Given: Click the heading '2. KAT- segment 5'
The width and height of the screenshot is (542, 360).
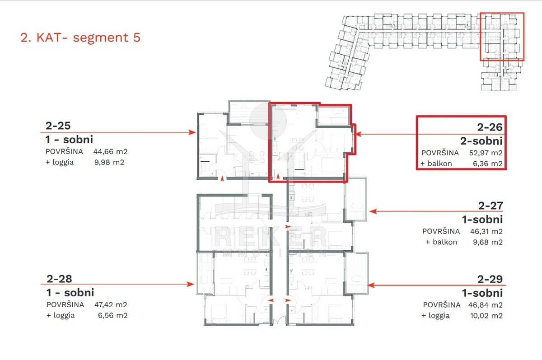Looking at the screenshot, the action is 80,37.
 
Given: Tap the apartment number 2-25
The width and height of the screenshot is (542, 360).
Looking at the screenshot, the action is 58,126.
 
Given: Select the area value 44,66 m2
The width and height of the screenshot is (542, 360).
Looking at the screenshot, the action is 110,152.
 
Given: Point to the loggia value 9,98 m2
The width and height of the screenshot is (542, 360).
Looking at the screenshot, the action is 109,162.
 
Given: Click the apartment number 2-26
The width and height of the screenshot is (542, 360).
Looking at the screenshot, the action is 490,127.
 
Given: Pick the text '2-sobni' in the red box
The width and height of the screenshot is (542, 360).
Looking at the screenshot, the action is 481,141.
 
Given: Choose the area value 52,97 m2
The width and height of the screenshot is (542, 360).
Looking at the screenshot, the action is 486,153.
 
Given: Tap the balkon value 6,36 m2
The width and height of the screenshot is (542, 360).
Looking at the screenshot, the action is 487,164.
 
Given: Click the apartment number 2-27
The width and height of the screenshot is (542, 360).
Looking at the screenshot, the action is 491,206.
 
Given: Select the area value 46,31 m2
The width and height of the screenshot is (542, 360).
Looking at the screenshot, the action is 486,232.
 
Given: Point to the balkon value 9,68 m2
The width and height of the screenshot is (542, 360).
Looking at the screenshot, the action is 488,242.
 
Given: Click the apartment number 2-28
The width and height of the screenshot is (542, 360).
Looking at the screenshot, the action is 59,279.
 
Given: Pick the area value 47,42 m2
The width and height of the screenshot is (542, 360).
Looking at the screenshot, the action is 111,304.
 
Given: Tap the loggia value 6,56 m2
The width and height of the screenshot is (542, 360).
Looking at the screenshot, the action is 113,315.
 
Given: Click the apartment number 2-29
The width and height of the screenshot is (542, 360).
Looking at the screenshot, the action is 490,280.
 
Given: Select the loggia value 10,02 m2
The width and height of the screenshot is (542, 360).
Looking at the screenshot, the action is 486,316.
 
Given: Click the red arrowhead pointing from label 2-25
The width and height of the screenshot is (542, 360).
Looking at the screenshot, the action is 192,132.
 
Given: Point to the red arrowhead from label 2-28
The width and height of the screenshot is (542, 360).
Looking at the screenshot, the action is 191,284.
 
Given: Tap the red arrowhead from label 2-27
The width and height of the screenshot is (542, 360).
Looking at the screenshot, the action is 374,211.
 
